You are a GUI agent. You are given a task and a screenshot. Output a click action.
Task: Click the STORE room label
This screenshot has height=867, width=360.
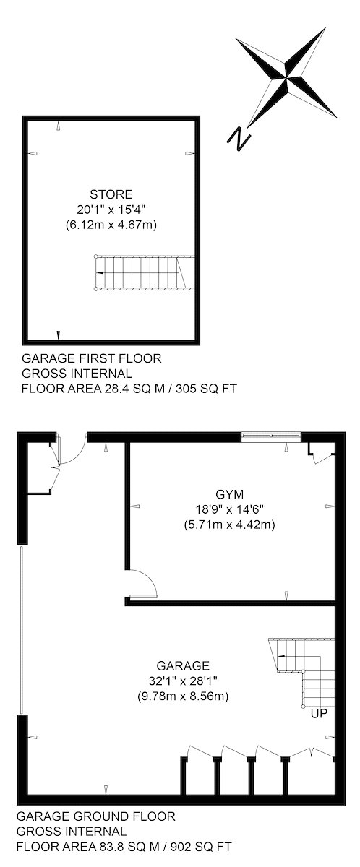(111, 194)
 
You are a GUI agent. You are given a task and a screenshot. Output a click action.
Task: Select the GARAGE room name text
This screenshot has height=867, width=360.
(183, 665)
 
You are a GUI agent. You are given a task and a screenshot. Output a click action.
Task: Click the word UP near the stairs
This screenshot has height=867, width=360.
(319, 713)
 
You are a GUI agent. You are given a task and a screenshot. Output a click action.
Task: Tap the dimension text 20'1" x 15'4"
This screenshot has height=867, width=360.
(111, 210)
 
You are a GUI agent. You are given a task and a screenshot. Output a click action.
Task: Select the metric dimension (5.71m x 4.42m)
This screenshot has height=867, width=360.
(230, 525)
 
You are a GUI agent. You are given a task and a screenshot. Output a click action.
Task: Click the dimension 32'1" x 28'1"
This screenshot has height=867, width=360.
(183, 681)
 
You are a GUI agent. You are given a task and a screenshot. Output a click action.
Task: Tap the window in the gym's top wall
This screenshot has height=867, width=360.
(271, 436)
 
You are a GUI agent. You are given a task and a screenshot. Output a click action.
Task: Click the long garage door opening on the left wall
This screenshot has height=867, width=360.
(22, 630)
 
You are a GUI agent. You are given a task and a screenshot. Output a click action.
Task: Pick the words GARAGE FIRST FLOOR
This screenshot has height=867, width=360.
(91, 358)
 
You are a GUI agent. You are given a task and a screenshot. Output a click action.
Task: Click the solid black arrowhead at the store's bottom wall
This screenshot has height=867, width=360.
(59, 335)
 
